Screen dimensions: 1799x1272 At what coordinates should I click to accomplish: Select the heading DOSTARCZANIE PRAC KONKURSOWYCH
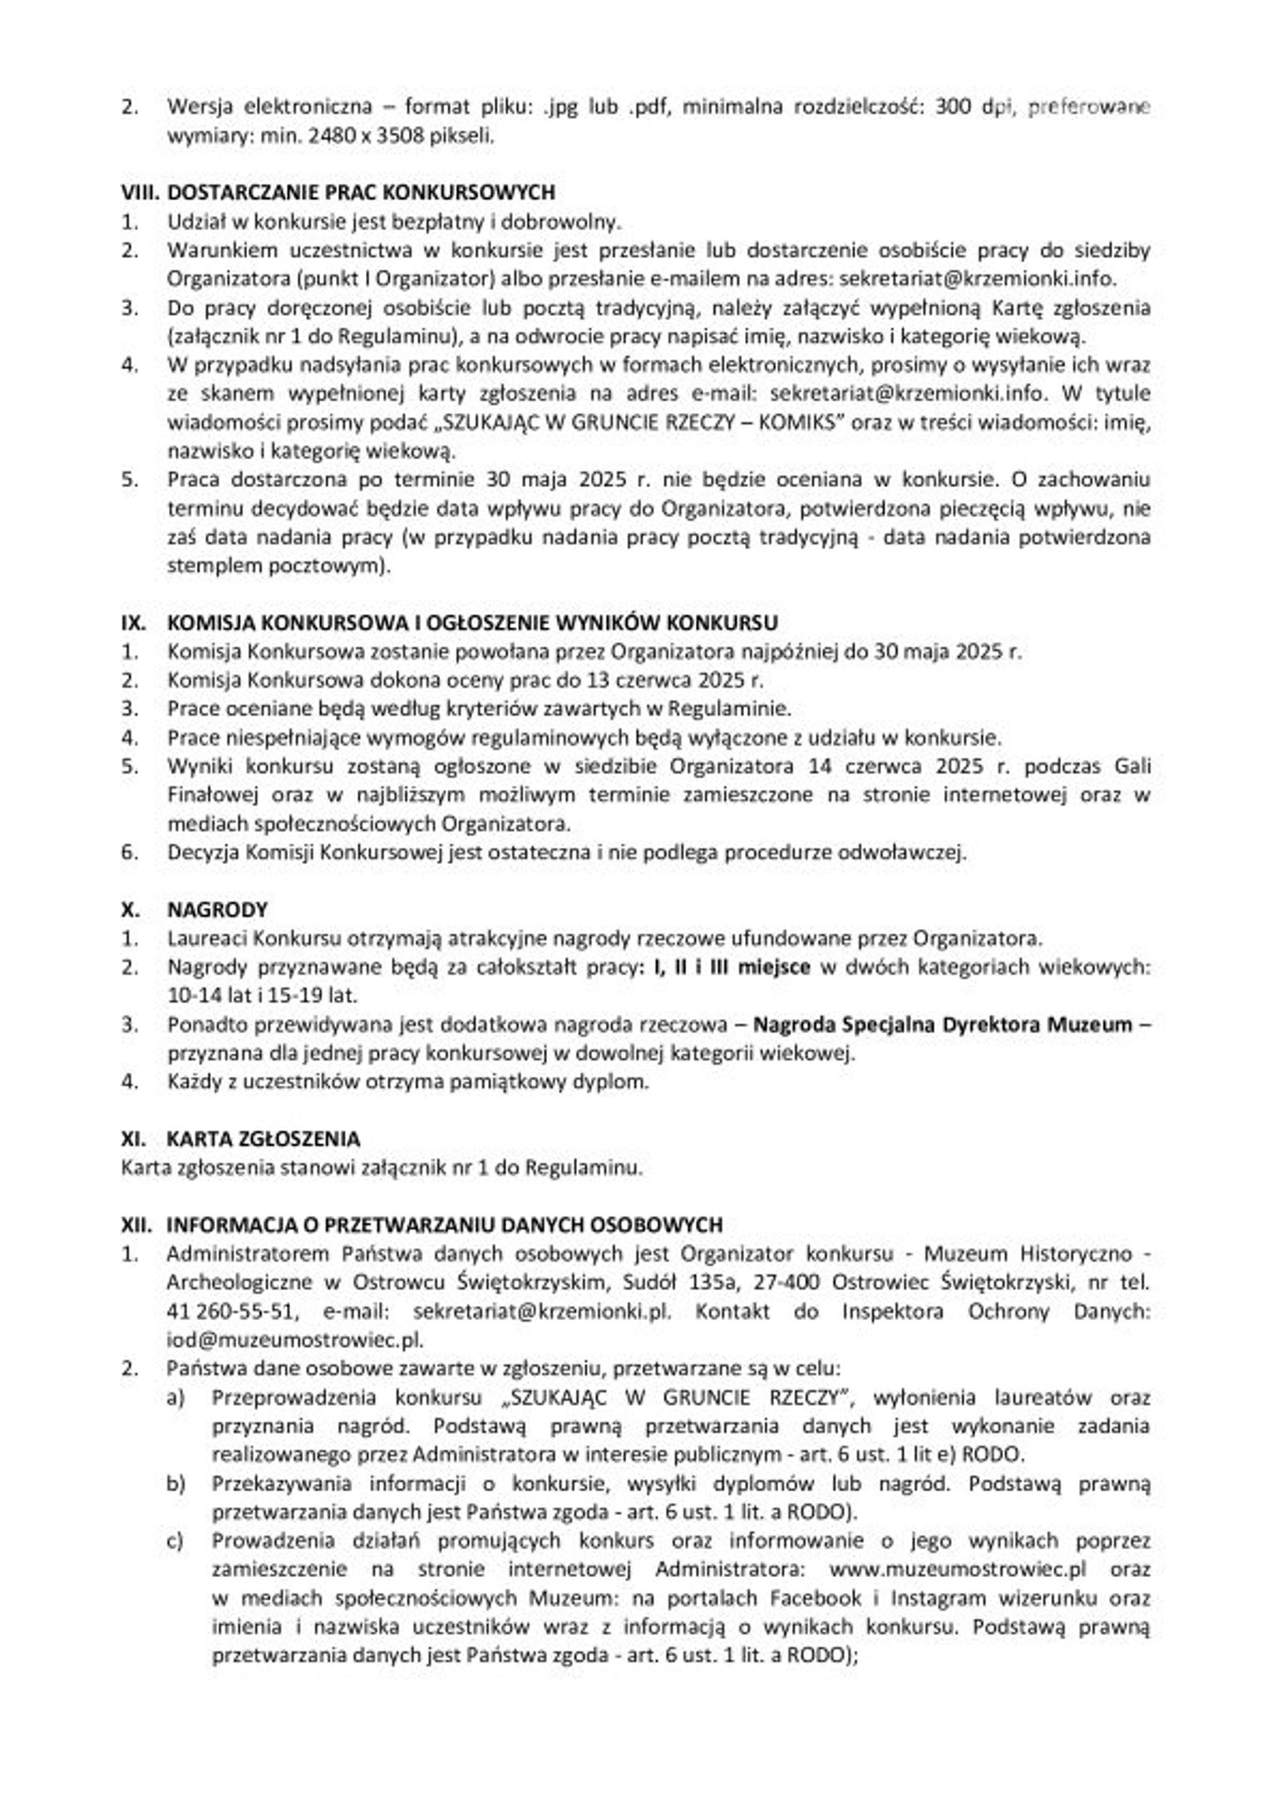point(361,192)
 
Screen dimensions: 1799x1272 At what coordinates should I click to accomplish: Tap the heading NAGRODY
point(217,909)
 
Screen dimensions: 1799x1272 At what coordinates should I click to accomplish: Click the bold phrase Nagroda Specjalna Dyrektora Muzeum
point(942,1024)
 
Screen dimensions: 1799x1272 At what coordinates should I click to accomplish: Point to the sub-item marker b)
point(175,1483)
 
